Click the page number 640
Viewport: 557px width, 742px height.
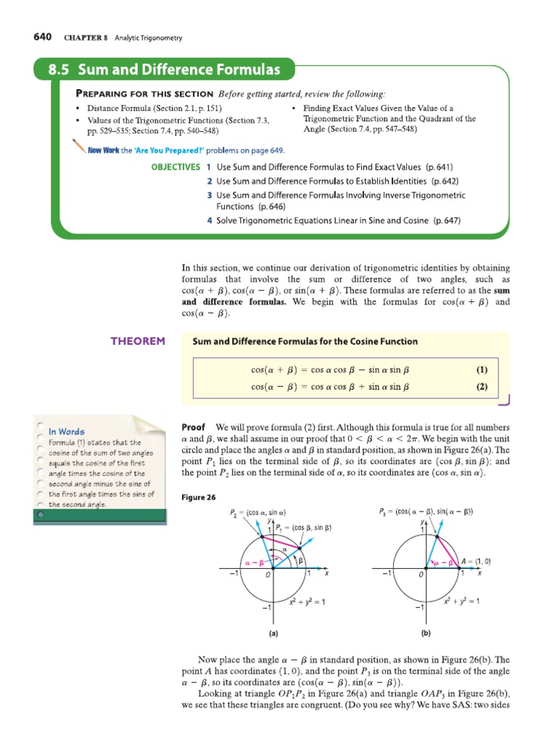44,38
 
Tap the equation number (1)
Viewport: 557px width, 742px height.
482,370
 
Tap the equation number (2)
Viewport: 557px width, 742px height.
482,387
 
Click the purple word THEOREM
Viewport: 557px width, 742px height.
137,341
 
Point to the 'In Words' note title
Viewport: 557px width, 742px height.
67,432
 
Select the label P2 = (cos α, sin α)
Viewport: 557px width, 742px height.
253,514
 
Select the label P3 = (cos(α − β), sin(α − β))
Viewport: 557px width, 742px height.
426,512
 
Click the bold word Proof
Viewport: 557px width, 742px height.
194,428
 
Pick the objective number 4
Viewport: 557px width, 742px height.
209,220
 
